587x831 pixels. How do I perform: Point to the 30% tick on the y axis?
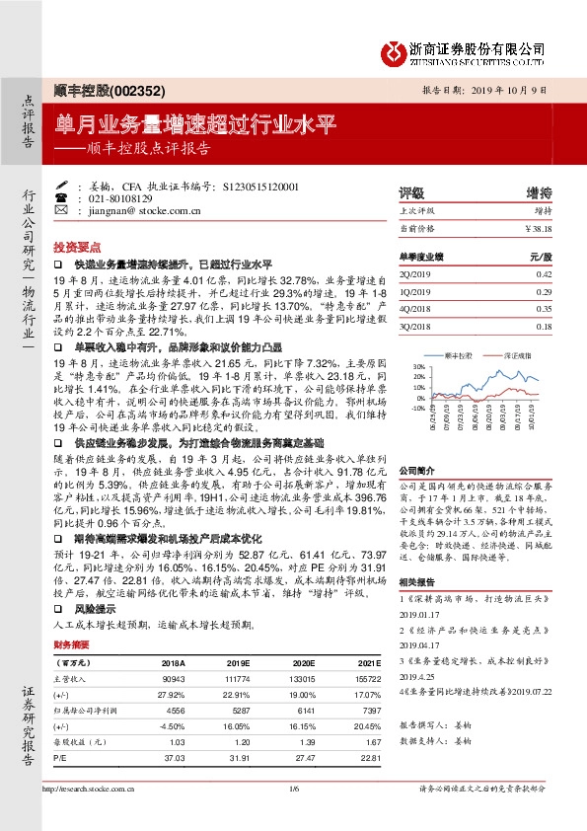tap(418, 366)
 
